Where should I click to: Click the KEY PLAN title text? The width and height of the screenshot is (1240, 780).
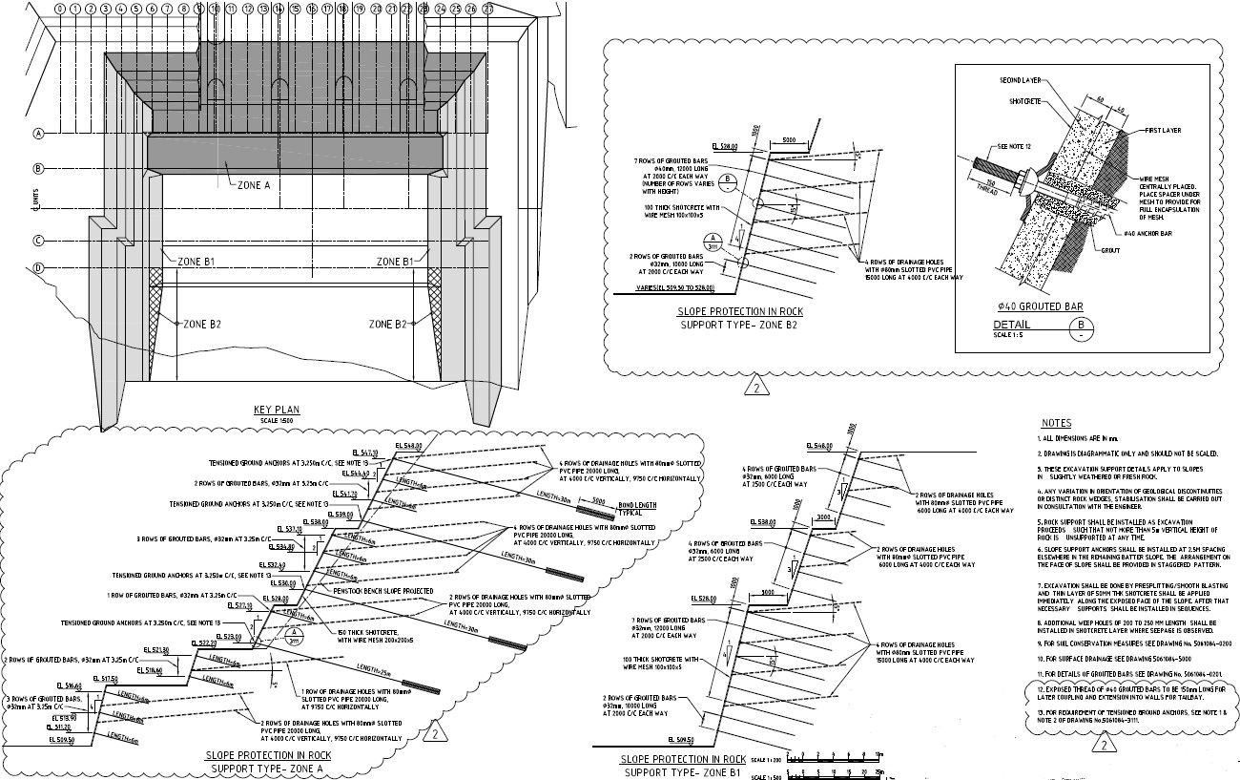click(277, 410)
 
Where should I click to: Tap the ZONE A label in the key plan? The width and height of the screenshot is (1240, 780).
click(254, 185)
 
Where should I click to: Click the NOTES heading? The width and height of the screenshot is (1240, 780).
click(1056, 423)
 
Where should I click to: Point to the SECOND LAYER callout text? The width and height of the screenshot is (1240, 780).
click(1020, 81)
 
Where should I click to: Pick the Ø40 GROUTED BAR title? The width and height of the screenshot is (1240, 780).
click(1040, 307)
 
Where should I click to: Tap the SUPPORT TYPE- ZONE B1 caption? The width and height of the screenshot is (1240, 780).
click(681, 770)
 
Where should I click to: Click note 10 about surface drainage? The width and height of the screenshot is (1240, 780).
click(1102, 659)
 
